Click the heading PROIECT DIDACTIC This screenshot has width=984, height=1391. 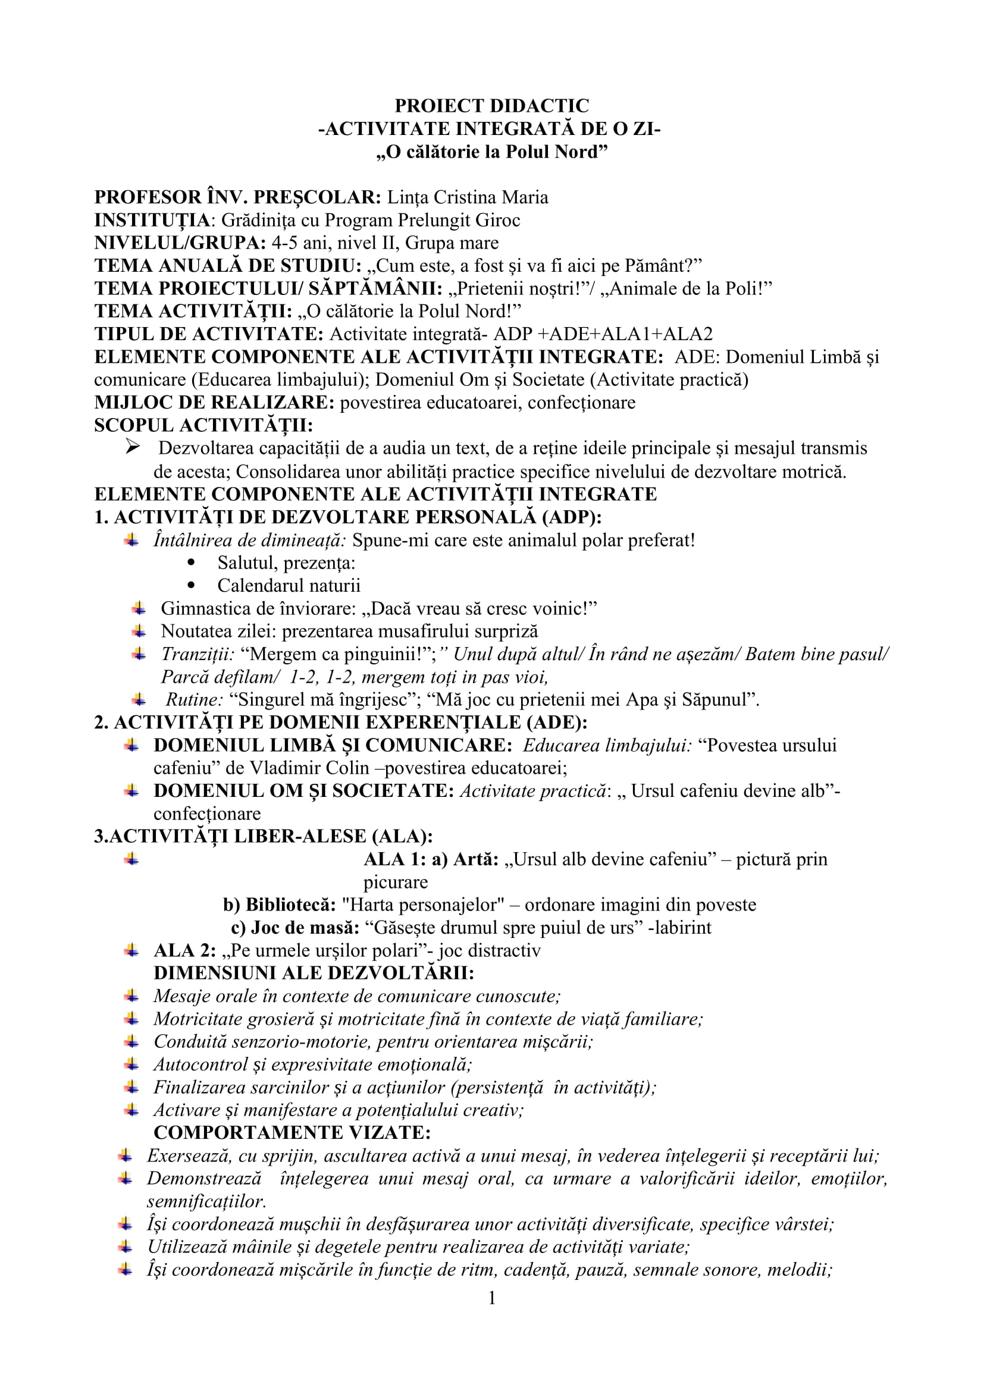[491, 106]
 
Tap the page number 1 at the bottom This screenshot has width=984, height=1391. [492, 1297]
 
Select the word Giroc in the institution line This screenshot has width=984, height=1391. [498, 220]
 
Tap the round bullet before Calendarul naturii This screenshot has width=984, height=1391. [192, 585]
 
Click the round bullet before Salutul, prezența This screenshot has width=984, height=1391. [192, 562]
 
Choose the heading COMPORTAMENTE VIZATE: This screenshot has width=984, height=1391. [292, 1133]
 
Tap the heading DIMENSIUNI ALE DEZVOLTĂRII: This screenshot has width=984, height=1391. [314, 973]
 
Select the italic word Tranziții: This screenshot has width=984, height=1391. [198, 654]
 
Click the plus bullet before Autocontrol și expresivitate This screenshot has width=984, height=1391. [131, 1064]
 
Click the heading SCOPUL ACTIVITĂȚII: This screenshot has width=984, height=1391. [203, 425]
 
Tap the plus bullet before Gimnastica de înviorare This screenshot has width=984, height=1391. [139, 608]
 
